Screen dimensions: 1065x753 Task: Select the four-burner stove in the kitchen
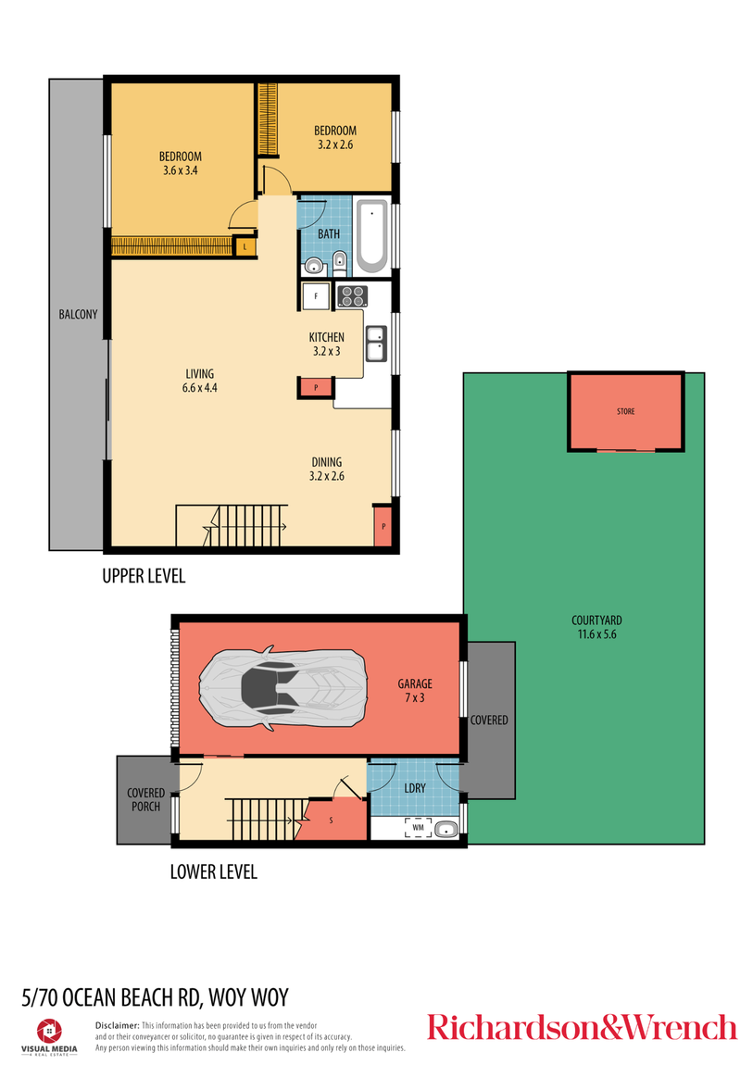[352, 296]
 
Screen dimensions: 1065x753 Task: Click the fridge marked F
[316, 296]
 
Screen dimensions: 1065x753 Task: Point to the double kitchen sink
[376, 343]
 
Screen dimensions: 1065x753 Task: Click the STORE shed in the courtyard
[626, 411]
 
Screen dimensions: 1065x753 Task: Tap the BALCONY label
[78, 314]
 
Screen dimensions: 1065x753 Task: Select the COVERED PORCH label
[145, 799]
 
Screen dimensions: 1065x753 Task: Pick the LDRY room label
[414, 787]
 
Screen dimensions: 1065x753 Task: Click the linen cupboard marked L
[245, 246]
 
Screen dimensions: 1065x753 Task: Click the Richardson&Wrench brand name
[582, 1027]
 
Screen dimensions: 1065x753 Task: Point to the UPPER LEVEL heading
[144, 576]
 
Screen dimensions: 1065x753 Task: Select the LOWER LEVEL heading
[213, 871]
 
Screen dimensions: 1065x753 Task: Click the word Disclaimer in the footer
[117, 1025]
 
